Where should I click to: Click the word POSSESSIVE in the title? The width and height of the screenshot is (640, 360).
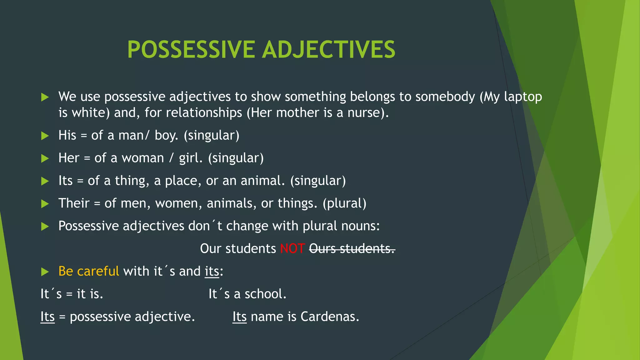click(191, 50)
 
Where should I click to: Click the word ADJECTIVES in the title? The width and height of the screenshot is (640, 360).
click(329, 50)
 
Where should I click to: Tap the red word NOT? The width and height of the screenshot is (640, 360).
click(292, 249)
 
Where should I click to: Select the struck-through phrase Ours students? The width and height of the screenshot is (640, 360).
click(352, 249)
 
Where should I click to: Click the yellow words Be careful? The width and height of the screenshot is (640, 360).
click(88, 271)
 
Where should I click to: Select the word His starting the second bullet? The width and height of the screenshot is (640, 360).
click(67, 135)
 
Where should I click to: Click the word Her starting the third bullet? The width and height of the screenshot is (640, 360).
click(69, 158)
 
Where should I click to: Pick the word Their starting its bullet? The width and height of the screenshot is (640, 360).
click(74, 203)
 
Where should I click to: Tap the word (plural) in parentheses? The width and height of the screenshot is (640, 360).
click(344, 203)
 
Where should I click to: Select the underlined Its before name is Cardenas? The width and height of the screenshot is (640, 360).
click(239, 317)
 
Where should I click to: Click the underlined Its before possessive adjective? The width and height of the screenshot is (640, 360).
click(47, 317)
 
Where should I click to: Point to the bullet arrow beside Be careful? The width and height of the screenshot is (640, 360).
click(45, 272)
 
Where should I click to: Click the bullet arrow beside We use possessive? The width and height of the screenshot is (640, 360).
click(45, 97)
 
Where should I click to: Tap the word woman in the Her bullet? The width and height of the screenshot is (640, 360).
click(142, 158)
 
